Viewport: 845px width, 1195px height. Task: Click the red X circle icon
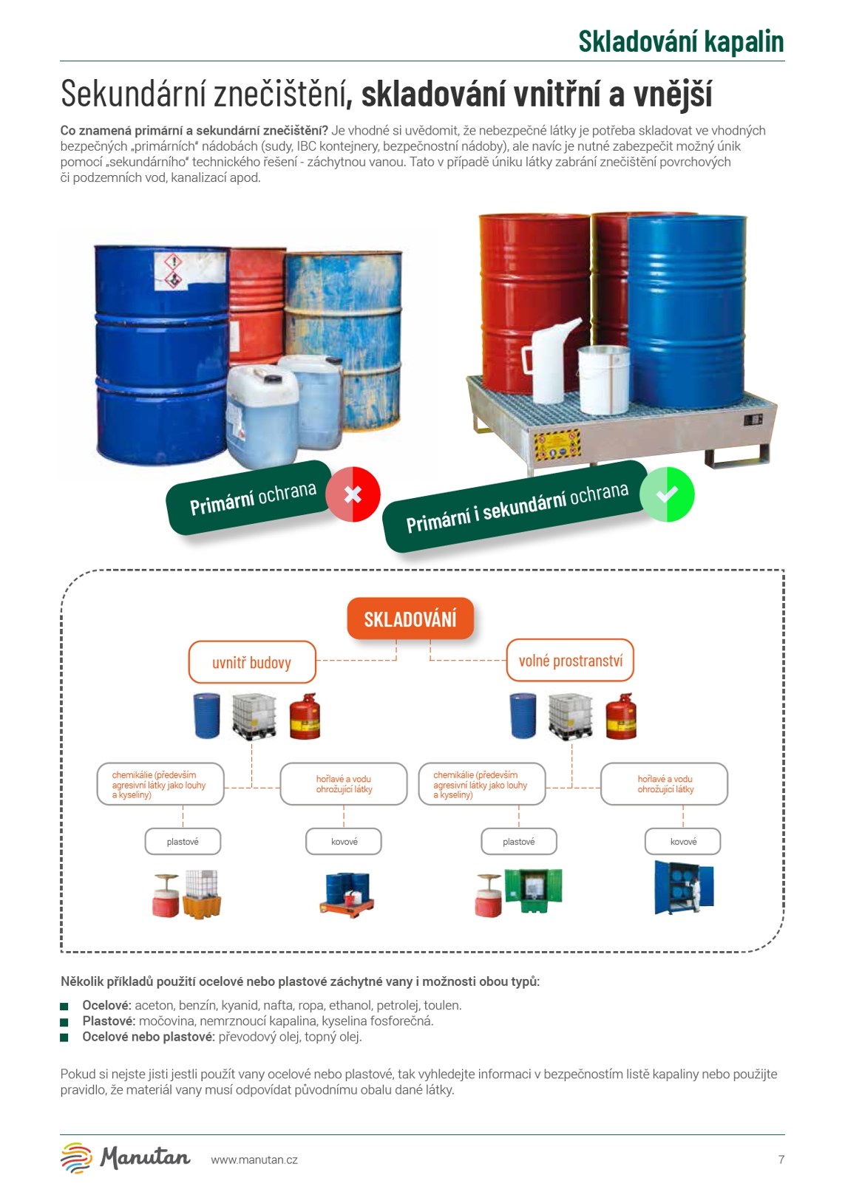click(353, 494)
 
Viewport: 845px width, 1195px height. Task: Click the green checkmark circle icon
click(667, 494)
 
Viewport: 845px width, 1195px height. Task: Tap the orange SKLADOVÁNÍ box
click(410, 619)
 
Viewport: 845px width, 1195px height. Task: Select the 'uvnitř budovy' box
click(252, 662)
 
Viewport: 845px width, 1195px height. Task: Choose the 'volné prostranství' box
click(570, 660)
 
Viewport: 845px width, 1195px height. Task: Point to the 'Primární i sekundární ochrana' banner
click(515, 506)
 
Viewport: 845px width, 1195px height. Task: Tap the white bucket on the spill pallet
click(603, 379)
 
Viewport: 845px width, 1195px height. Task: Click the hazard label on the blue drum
click(172, 270)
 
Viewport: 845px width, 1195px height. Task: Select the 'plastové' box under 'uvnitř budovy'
click(183, 841)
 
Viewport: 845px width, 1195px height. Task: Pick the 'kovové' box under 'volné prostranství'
click(683, 841)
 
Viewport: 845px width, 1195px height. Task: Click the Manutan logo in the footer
click(126, 1157)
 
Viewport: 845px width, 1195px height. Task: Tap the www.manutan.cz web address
click(254, 1160)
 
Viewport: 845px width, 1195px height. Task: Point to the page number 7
click(781, 1160)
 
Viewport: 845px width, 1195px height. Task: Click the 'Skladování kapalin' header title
click(680, 41)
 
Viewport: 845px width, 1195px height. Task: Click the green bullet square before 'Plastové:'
click(64, 1021)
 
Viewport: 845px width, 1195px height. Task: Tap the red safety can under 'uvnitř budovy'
click(304, 716)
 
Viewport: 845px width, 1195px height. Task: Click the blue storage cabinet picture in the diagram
click(684, 888)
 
